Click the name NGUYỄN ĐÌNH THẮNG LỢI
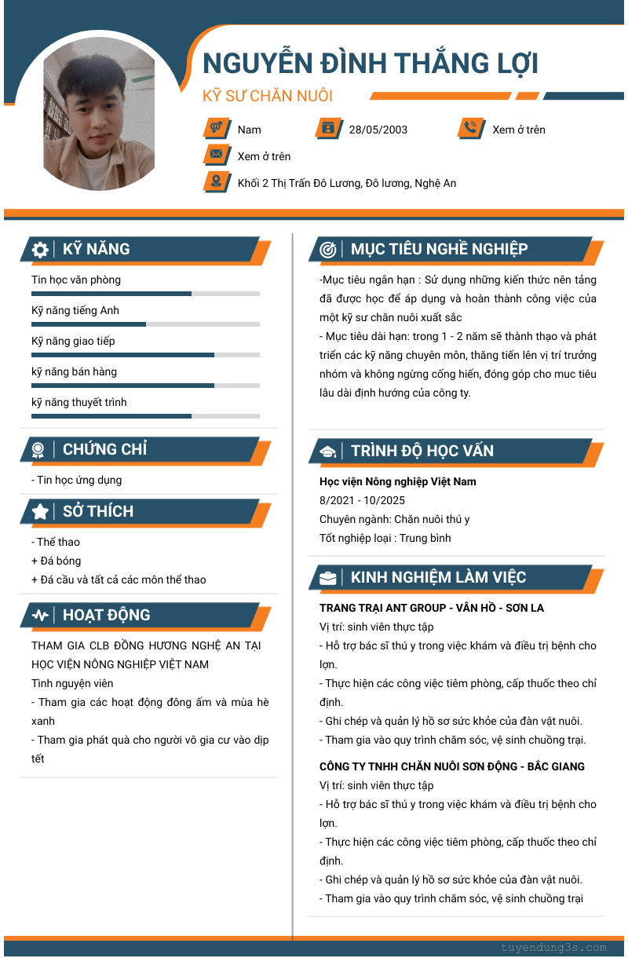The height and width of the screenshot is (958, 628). point(371,64)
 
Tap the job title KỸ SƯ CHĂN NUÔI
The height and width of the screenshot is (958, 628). point(268,97)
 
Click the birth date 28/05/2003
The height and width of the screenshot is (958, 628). point(378,130)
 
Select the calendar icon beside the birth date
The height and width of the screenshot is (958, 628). point(328,128)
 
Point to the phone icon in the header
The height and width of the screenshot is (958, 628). point(471,128)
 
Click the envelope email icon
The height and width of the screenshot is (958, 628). point(216,155)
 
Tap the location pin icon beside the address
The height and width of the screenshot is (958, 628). point(216,181)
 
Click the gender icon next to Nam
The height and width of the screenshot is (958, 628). point(216,128)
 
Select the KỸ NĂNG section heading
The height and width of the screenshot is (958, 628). point(96,250)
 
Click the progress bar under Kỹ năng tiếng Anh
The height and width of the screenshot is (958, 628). point(145,324)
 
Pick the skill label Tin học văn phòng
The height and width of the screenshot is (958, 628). point(76,280)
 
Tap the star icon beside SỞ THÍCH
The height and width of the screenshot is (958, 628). point(40,512)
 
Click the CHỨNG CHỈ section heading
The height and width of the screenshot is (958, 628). point(104,450)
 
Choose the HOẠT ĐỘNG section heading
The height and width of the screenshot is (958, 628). point(106,616)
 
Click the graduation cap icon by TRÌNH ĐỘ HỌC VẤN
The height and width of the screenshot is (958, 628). point(328,452)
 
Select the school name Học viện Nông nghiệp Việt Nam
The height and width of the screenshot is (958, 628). point(397,481)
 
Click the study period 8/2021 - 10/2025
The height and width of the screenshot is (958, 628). point(362,500)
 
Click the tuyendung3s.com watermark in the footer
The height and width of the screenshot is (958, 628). point(553,948)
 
